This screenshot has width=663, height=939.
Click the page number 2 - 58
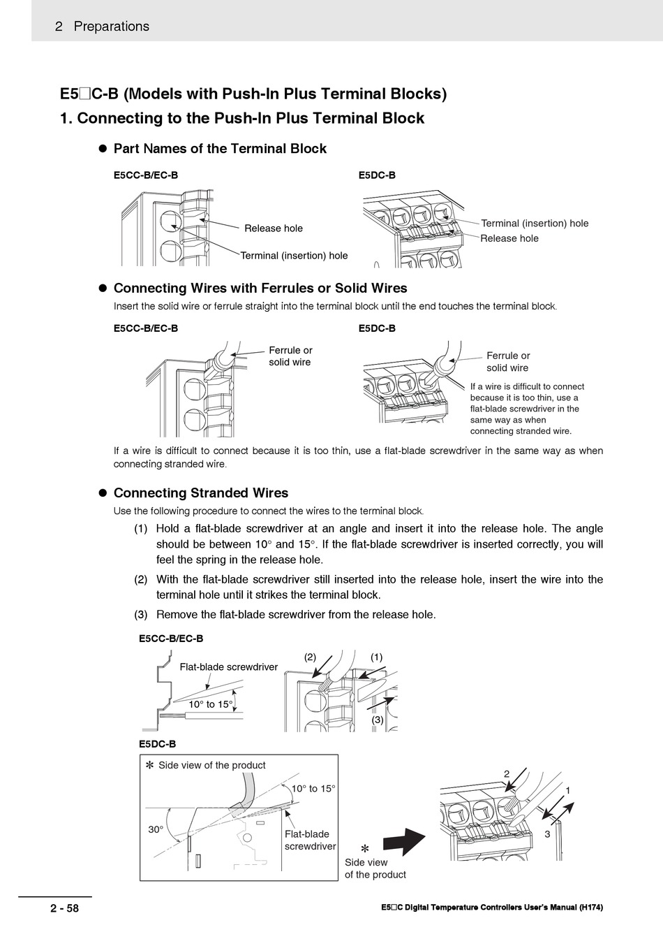(64, 909)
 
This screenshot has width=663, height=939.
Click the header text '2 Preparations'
(102, 27)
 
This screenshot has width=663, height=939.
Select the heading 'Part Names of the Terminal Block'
(219, 149)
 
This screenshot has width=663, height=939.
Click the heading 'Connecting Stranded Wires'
(200, 493)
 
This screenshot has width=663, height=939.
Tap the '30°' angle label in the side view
(155, 830)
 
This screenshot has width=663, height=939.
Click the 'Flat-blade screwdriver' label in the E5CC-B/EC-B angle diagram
(228, 667)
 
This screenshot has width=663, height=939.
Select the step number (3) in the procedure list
(140, 615)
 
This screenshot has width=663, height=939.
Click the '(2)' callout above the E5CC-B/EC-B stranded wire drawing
(310, 657)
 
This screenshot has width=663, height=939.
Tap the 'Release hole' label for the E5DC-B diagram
(509, 239)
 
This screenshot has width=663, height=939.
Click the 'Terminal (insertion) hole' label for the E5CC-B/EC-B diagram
(294, 256)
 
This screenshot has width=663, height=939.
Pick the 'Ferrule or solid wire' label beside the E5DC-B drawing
(507, 362)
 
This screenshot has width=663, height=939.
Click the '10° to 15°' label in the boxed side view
(313, 789)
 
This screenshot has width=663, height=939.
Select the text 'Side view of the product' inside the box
(211, 766)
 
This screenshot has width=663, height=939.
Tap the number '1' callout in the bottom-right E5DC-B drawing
(568, 790)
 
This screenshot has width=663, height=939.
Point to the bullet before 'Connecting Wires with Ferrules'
(100, 289)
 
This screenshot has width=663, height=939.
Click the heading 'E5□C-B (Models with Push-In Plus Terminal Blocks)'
(253, 94)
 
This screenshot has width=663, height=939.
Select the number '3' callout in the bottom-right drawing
(548, 834)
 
